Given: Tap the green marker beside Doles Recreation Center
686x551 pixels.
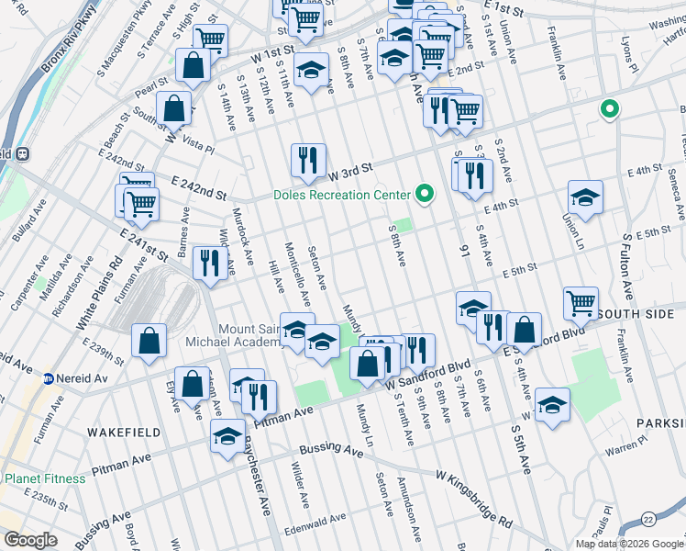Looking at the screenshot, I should [424, 194].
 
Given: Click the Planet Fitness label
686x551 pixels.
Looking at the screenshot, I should [45, 478].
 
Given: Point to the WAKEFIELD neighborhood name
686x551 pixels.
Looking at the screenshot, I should [124, 432].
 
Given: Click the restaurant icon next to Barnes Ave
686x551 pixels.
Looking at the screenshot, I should [210, 262].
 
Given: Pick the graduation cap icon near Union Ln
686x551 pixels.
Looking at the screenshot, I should [585, 197].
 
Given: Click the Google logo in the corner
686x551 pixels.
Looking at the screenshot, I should [30, 540].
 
